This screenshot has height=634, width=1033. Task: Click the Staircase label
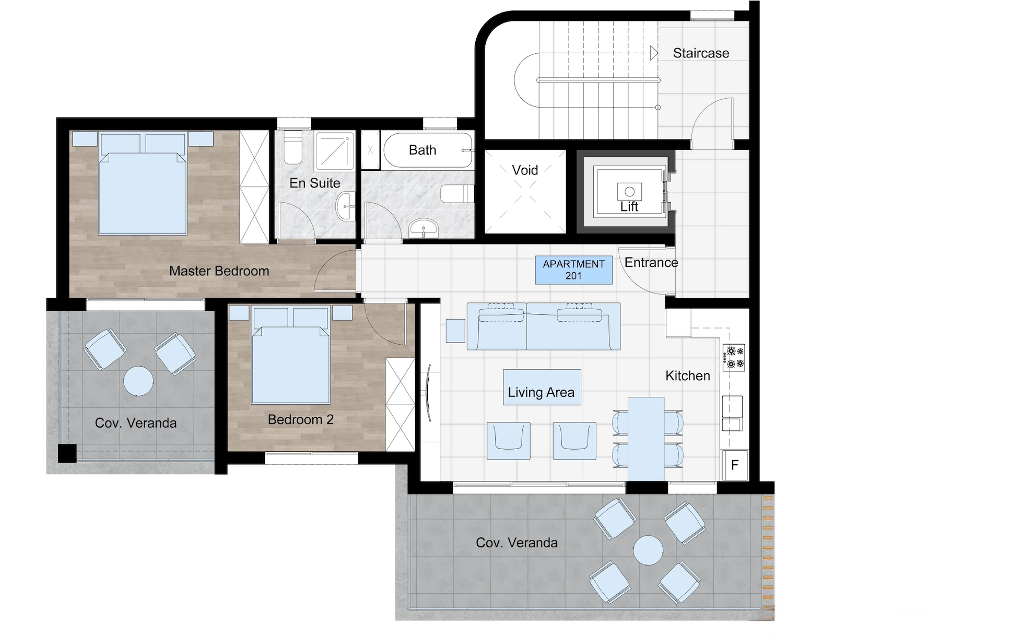[701, 53]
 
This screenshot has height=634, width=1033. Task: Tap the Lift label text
[629, 207]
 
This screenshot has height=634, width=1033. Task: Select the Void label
[525, 170]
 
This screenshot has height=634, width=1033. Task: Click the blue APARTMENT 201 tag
[573, 270]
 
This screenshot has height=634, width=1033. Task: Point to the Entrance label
[651, 262]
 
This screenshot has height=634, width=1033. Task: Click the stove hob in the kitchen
[733, 357]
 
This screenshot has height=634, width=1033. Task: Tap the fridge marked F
[735, 465]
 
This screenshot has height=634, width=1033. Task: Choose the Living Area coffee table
[542, 387]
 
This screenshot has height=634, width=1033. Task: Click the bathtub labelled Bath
[428, 150]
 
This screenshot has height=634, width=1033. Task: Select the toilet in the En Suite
[293, 147]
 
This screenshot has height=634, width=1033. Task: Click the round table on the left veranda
[138, 381]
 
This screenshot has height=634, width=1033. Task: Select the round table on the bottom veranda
[648, 550]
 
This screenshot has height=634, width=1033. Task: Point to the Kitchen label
[687, 375]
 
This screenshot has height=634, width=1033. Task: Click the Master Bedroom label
[219, 271]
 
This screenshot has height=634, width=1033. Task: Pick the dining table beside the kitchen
[646, 439]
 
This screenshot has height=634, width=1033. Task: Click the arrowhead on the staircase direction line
[654, 53]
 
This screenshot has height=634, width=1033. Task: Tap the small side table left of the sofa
[456, 331]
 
